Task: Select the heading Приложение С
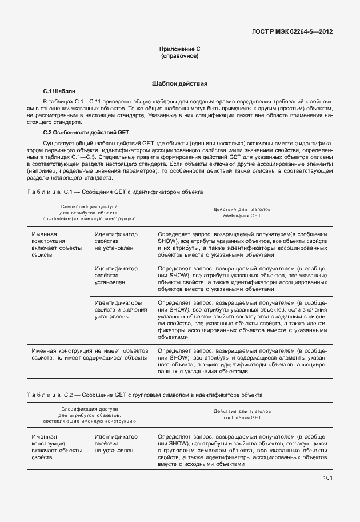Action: [179, 49]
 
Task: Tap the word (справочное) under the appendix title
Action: [179, 57]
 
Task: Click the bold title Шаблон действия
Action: [179, 83]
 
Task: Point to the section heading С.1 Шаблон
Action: [59, 91]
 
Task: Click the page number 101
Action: [327, 478]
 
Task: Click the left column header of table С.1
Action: [89, 212]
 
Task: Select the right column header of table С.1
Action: [242, 212]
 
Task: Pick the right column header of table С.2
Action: [242, 416]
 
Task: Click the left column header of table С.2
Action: [89, 416]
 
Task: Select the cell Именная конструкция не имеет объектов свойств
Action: [89, 353]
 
